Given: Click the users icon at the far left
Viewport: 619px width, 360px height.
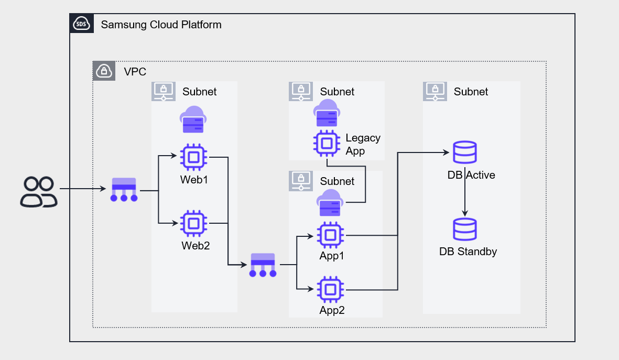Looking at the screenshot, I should tap(38, 192).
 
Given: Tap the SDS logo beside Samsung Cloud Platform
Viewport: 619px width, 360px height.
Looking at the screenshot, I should tap(82, 24).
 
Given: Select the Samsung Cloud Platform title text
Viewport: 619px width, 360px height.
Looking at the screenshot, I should tap(161, 25).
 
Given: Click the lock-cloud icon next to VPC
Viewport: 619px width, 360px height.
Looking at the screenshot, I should tap(104, 71).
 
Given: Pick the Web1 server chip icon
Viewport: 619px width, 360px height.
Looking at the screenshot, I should tap(193, 157).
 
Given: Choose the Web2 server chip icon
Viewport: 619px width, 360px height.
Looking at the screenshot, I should tap(193, 224).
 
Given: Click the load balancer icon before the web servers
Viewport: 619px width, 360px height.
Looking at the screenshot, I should tap(124, 191).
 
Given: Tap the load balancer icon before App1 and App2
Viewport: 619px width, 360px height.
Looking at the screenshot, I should tap(263, 265).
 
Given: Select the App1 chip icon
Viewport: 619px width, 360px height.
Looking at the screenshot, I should tap(330, 235).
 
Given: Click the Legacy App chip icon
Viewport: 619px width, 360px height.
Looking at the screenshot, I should tap(327, 143).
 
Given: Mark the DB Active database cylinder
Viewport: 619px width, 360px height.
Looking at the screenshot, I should tap(464, 152).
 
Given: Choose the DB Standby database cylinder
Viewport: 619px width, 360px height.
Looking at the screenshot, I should tap(464, 229).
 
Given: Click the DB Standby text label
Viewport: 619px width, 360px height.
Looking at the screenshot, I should tap(468, 252).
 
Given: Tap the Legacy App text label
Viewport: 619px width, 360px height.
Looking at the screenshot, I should tap(363, 145).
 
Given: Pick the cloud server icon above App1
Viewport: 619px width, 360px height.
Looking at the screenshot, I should tap(329, 203).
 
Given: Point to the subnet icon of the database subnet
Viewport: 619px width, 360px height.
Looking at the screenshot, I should tap(435, 91).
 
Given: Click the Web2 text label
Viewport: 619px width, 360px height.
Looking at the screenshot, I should tap(196, 245).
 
